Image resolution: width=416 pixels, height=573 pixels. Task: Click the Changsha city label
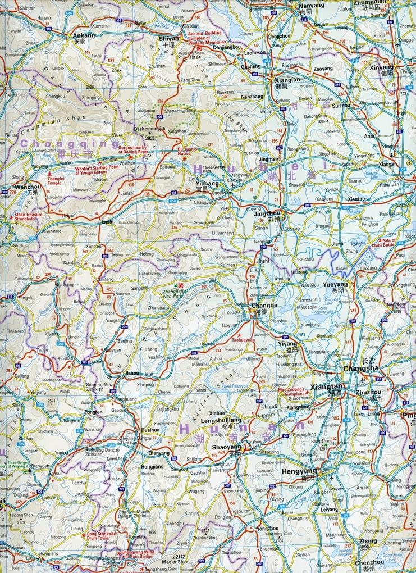pyautogui.click(x=360, y=369)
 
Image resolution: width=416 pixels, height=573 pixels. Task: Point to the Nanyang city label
pyautogui.click(x=297, y=4)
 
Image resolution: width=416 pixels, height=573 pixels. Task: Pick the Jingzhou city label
pyautogui.click(x=266, y=214)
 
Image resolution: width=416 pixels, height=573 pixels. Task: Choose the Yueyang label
pyautogui.click(x=336, y=284)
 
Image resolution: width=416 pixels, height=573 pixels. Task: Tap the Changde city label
pyautogui.click(x=264, y=305)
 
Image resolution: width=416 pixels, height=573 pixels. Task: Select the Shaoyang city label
pyautogui.click(x=226, y=447)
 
